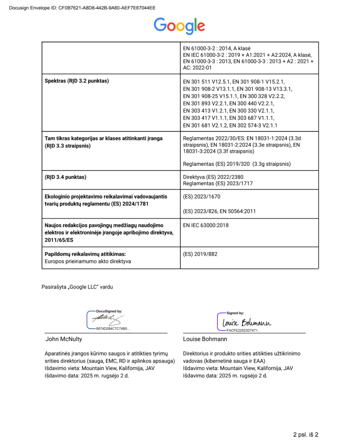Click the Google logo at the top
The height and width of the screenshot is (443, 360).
180,25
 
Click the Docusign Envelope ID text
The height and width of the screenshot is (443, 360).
82,8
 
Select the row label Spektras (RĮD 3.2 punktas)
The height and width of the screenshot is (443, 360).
77,81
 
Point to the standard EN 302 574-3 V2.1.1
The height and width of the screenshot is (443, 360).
258,125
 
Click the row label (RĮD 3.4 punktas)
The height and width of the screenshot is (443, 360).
65,177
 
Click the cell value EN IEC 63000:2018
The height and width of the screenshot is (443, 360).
206,225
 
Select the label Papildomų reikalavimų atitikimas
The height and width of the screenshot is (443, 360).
84,254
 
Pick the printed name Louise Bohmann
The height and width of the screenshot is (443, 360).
205,339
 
